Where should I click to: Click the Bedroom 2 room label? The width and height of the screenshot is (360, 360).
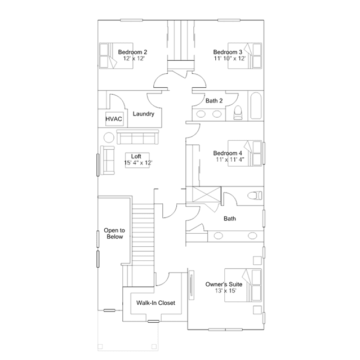tap(136, 52)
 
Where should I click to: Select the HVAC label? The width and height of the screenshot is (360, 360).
tap(113, 120)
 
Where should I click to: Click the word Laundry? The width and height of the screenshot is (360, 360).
tap(144, 114)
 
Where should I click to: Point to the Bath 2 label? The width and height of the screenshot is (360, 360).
tap(215, 101)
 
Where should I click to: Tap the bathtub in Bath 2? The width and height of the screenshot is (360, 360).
tap(255, 106)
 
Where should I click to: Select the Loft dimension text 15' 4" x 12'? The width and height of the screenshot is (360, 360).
tap(138, 163)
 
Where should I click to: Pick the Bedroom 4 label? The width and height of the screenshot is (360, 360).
tap(228, 153)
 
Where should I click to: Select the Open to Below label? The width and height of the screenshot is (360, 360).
tap(114, 234)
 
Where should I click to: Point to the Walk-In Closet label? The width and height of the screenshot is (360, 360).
tap(155, 303)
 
